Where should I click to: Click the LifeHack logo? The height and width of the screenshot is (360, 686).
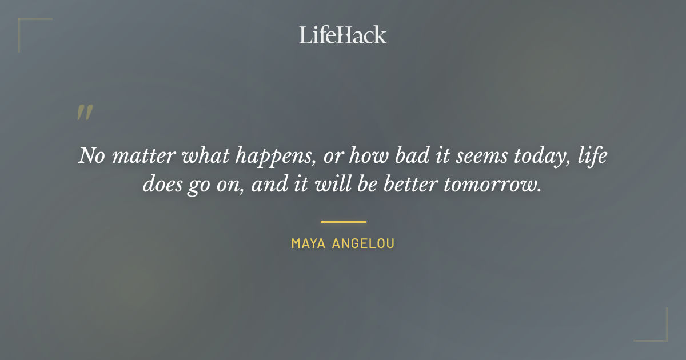[x=343, y=35]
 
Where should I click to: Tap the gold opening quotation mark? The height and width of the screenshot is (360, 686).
[x=85, y=113]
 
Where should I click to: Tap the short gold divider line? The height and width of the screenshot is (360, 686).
[x=343, y=222]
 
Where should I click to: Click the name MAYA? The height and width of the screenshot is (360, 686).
[x=309, y=243]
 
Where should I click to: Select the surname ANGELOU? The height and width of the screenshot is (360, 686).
[x=364, y=243]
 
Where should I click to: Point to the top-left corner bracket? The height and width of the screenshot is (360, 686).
[x=29, y=29]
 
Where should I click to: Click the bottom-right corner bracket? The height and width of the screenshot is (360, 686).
[x=657, y=331]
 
